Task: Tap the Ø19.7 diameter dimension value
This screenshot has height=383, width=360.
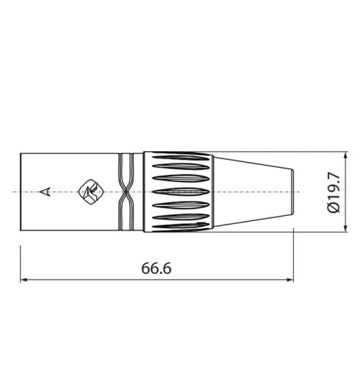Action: coord(333,192)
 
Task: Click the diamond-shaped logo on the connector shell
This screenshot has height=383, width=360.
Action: coord(93,191)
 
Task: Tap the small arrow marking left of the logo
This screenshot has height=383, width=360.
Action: coord(45,191)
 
